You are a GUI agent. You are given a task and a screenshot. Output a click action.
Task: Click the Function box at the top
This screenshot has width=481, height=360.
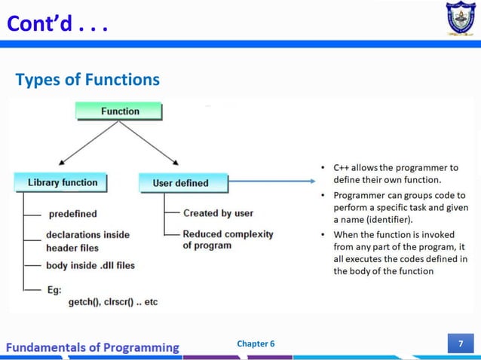pyautogui.click(x=119, y=111)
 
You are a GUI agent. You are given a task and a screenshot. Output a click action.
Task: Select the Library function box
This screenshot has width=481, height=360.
pyautogui.click(x=62, y=182)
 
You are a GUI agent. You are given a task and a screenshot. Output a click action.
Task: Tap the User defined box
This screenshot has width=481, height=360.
pyautogui.click(x=182, y=182)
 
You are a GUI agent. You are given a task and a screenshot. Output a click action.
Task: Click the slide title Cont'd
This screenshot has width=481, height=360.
pyautogui.click(x=57, y=26)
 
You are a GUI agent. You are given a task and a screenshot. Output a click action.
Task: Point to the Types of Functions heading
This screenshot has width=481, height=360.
pyautogui.click(x=87, y=79)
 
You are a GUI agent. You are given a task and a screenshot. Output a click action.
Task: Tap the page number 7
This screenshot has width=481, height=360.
pyautogui.click(x=461, y=344)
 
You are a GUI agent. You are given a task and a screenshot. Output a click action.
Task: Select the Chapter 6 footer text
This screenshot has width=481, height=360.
pyautogui.click(x=256, y=344)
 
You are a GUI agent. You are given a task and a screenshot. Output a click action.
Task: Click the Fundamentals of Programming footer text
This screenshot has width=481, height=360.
pyautogui.click(x=93, y=347)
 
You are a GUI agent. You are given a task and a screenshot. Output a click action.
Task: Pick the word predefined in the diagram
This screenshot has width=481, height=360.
pyautogui.click(x=72, y=214)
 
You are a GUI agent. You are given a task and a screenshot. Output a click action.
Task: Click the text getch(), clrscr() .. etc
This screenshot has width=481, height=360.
pyautogui.click(x=113, y=302)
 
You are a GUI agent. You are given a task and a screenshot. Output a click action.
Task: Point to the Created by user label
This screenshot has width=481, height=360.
pyautogui.click(x=218, y=213)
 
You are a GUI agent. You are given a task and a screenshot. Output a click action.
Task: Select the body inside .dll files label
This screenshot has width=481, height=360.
pyautogui.click(x=90, y=265)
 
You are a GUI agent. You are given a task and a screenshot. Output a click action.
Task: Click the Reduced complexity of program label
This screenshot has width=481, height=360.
pyautogui.click(x=228, y=239)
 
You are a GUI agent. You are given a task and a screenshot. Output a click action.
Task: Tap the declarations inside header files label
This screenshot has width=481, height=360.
pyautogui.click(x=87, y=241)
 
